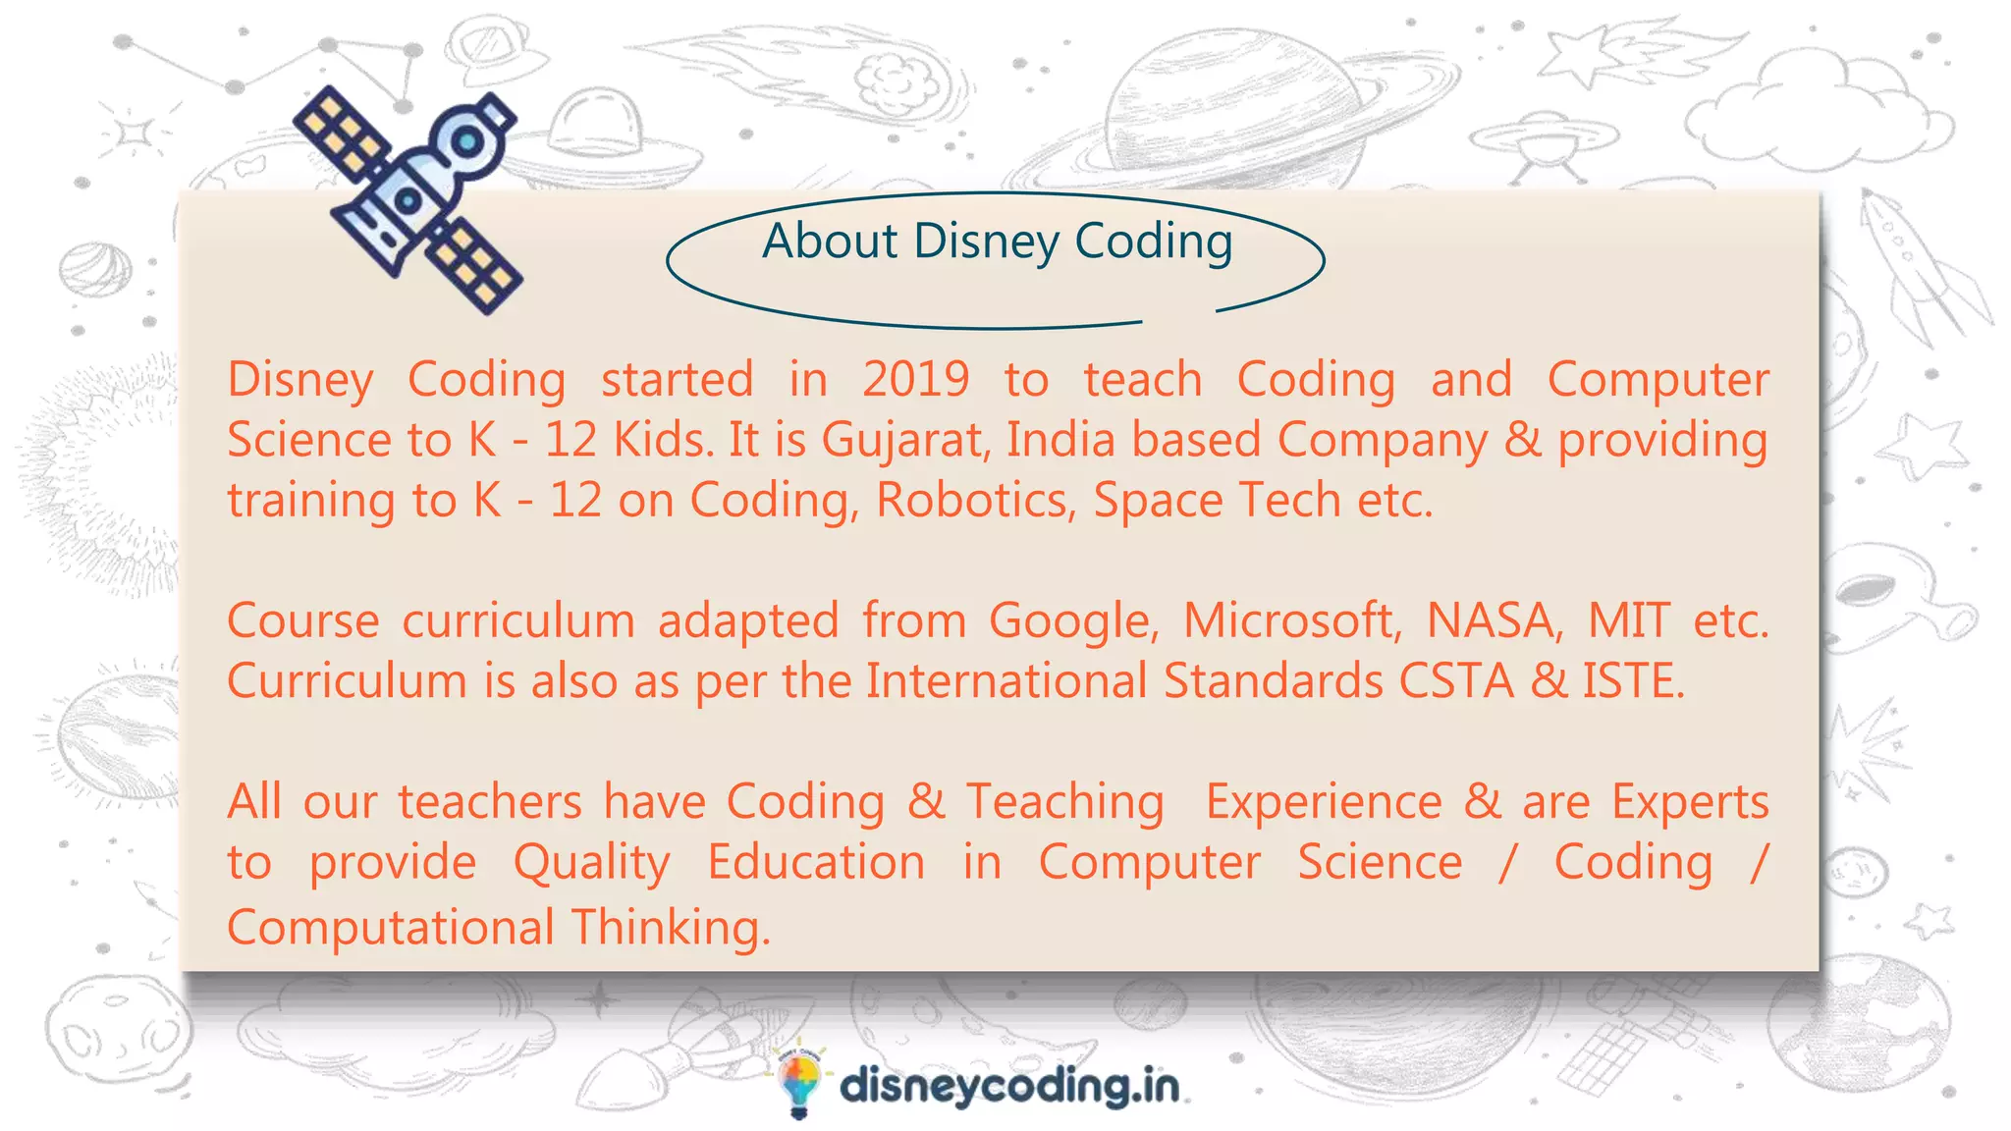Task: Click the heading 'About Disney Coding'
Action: pyautogui.click(x=997, y=242)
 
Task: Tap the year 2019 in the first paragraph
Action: pyautogui.click(x=915, y=380)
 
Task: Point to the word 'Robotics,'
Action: pyautogui.click(x=971, y=501)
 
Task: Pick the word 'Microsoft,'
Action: pyautogui.click(x=1292, y=621)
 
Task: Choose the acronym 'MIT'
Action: pyautogui.click(x=1629, y=621)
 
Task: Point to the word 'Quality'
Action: pyautogui.click(x=592, y=864)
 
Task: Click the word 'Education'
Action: pyautogui.click(x=816, y=863)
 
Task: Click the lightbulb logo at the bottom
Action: pyautogui.click(x=798, y=1082)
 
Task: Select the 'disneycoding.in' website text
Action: pyautogui.click(x=1009, y=1087)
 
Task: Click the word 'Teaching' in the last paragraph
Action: pyautogui.click(x=1065, y=802)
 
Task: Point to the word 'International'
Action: pyautogui.click(x=1005, y=681)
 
